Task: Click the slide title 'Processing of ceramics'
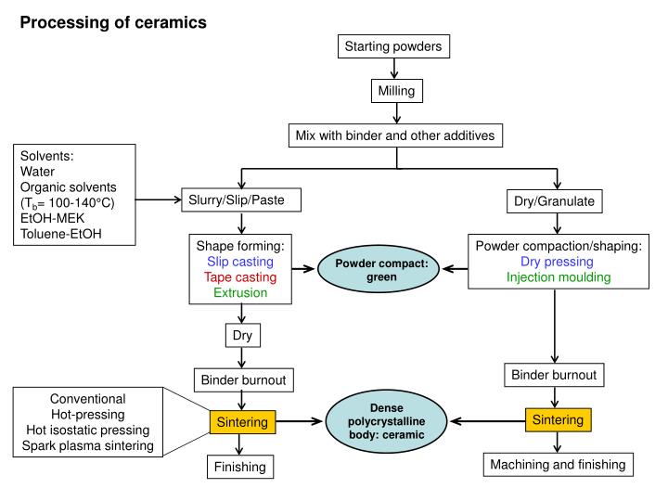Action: [113, 21]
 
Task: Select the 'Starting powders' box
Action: [397, 46]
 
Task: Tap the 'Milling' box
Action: [397, 91]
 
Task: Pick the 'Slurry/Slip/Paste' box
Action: [241, 199]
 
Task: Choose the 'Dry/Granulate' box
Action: [556, 199]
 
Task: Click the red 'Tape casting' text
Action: [241, 276]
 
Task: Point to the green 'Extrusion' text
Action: [241, 292]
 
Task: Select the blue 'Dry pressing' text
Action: [556, 262]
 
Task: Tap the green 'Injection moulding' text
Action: [556, 277]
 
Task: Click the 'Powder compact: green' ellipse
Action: [377, 269]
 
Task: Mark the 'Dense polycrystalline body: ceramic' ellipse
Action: [377, 420]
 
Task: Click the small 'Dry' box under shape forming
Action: [241, 335]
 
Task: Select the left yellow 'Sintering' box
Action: [241, 422]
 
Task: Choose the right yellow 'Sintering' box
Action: [556, 420]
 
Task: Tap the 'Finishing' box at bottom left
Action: [241, 467]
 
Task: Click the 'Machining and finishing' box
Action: [556, 463]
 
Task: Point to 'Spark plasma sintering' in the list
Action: [93, 447]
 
